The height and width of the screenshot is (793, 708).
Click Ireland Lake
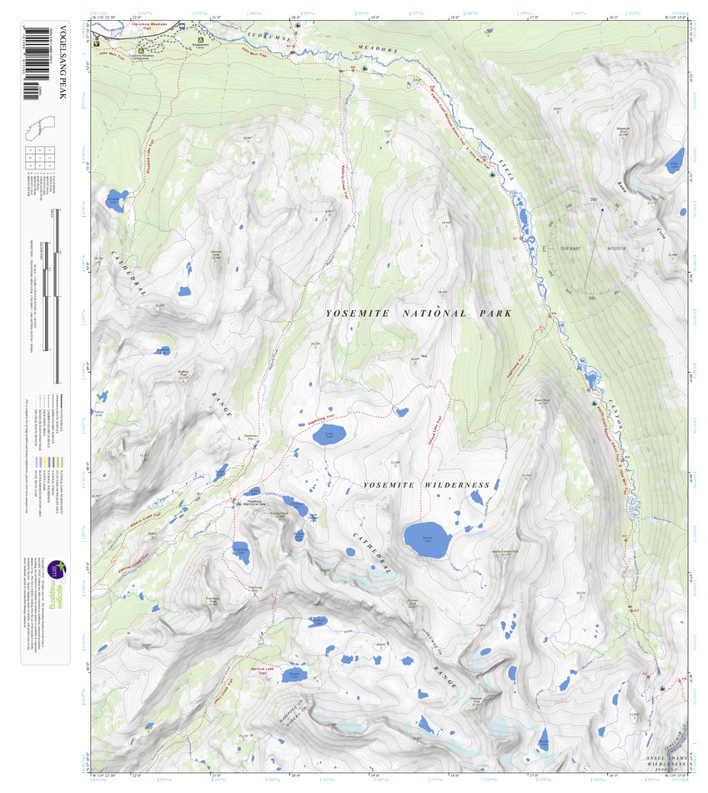(427, 539)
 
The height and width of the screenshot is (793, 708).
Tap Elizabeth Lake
(115, 201)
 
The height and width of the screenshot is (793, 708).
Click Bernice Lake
(293, 675)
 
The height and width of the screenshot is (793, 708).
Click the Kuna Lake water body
(674, 160)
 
